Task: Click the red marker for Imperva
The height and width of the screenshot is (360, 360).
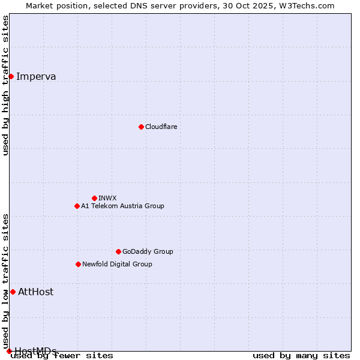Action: [11, 76]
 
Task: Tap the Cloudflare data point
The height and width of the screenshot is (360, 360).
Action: [141, 127]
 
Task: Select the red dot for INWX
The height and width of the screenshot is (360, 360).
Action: [94, 198]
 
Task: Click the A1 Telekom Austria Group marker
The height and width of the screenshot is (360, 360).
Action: [77, 206]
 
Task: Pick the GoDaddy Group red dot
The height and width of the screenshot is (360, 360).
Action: [118, 251]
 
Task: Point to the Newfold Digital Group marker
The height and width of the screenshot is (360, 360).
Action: [78, 264]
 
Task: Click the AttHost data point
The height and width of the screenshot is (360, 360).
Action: [13, 292]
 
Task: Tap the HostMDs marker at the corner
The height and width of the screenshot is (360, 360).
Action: [9, 351]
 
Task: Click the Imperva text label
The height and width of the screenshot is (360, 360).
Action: [36, 76]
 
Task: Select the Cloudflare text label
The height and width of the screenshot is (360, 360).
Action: [161, 127]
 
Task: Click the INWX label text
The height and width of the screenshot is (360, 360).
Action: [107, 198]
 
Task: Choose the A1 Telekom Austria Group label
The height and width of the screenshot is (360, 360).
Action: [122, 206]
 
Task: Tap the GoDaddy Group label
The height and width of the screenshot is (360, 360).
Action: [148, 251]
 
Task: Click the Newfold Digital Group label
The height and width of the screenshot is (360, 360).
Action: [117, 264]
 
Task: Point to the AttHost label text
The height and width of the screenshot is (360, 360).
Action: [35, 292]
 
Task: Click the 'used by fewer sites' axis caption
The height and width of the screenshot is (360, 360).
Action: [62, 355]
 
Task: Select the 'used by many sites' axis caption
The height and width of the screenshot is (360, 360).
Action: [301, 355]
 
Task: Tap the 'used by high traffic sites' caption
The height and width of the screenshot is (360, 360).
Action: [6, 85]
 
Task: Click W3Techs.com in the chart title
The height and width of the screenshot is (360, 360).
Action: [310, 5]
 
